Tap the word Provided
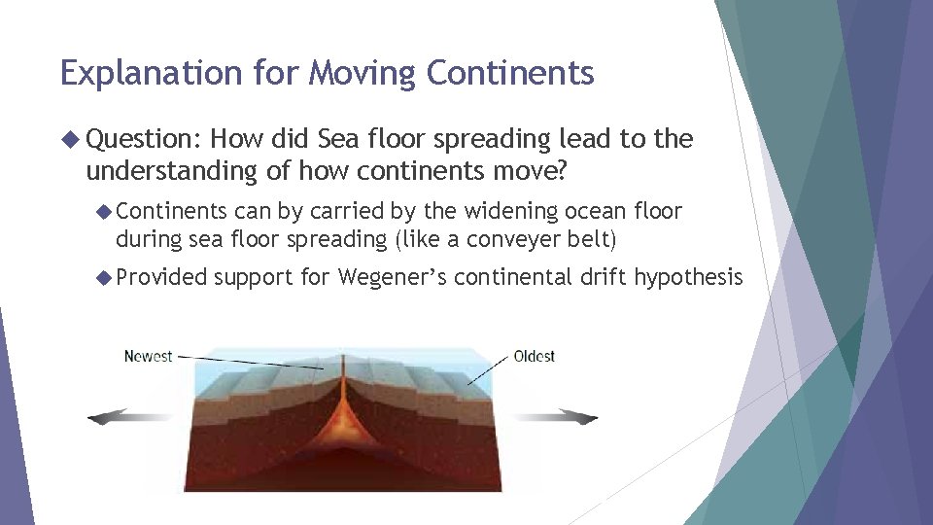pos(161,278)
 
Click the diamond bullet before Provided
pos(104,278)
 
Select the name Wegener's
pos(391,278)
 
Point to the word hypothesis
pos(688,278)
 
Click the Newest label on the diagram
pos(148,356)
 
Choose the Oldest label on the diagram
pos(534,356)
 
